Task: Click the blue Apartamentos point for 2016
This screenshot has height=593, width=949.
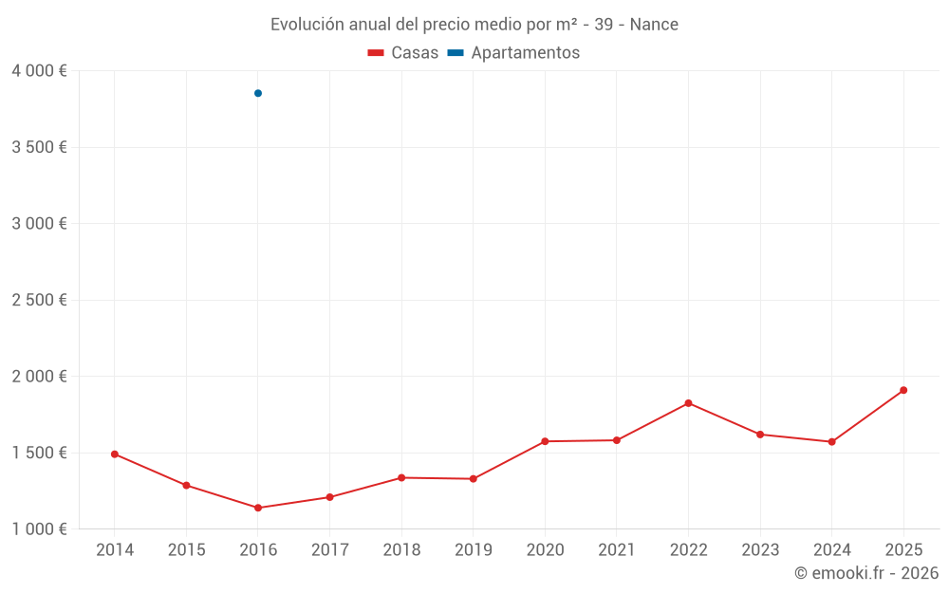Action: click(258, 93)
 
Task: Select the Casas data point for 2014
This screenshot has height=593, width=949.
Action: click(115, 454)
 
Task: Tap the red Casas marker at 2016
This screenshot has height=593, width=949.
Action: click(258, 508)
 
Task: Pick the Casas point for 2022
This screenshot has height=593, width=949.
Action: click(688, 403)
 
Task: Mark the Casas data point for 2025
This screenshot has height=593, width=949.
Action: click(903, 390)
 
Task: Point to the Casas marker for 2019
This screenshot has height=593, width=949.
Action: click(474, 479)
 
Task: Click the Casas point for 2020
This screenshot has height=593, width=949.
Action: click(545, 441)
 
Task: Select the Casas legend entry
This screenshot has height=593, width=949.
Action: click(403, 53)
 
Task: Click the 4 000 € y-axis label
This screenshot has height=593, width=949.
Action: click(40, 71)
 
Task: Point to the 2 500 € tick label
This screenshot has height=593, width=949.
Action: click(40, 300)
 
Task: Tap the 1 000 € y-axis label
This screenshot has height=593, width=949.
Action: click(40, 529)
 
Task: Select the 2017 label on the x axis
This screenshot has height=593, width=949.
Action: click(330, 550)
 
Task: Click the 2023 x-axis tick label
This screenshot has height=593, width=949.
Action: click(760, 550)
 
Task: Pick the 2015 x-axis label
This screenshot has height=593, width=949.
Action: click(186, 550)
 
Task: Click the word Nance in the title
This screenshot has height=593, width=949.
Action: click(654, 25)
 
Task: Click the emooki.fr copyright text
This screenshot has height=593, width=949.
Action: click(866, 573)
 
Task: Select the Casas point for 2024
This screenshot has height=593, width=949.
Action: click(831, 442)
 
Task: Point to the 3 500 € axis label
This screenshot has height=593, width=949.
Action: click(40, 147)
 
